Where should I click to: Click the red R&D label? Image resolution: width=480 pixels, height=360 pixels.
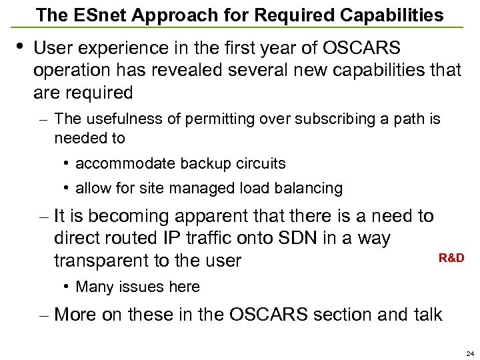click(x=451, y=258)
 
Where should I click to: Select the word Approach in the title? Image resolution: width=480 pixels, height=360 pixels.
click(x=162, y=15)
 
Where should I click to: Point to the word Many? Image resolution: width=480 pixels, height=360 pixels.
click(x=92, y=287)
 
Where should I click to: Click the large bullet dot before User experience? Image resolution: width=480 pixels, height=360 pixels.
click(x=19, y=46)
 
